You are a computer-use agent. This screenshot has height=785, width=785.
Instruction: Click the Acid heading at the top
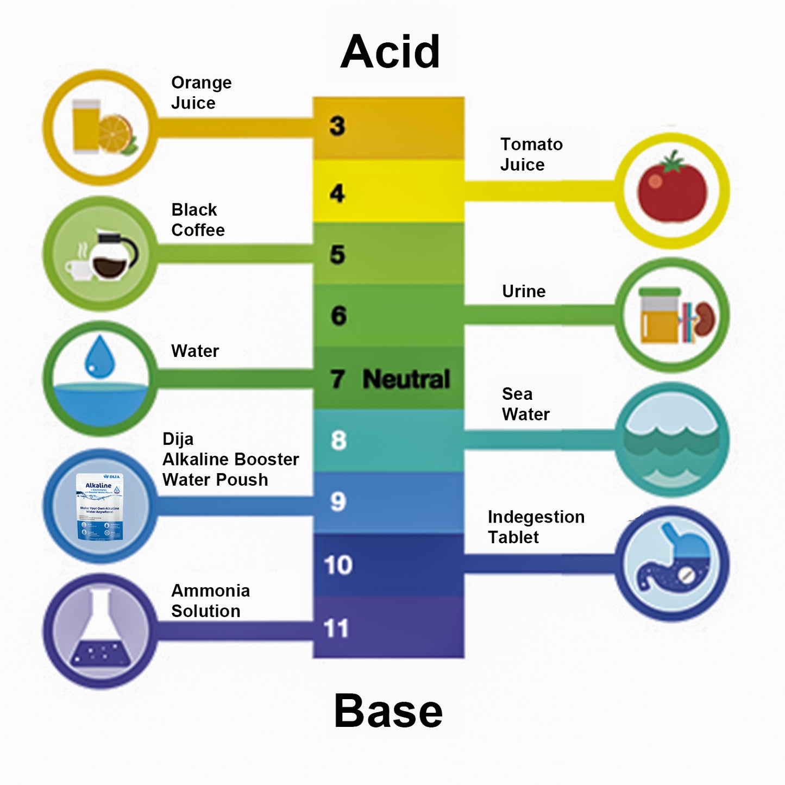point(390,52)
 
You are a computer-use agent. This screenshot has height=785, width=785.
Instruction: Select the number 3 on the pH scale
point(337,126)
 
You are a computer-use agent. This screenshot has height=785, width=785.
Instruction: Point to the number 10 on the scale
point(338,565)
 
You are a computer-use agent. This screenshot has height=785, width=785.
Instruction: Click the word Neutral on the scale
point(406,379)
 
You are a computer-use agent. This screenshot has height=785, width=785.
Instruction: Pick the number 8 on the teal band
point(338,441)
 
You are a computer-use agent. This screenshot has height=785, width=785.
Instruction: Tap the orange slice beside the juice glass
point(116,133)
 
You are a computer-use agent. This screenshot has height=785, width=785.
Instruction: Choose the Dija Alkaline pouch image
point(99,506)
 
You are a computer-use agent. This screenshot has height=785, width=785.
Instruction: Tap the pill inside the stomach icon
point(686,575)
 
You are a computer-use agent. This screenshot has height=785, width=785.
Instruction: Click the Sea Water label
point(525,404)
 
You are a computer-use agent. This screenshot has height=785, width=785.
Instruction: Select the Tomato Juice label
point(531,154)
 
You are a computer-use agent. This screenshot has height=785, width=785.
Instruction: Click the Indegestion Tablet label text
point(536,526)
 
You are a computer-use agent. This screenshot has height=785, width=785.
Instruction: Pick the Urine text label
point(524,291)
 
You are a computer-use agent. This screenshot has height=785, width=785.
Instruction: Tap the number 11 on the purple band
point(336,629)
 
